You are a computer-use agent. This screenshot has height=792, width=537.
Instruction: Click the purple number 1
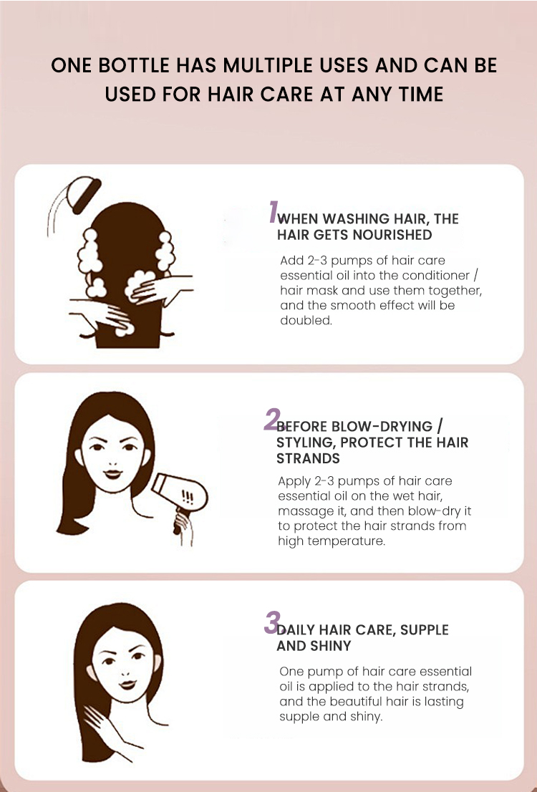point(274,212)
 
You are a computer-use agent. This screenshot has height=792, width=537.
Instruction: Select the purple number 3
point(272,623)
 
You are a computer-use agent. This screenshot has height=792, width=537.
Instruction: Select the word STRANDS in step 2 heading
point(308,458)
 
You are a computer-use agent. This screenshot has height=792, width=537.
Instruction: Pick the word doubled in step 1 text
point(306,321)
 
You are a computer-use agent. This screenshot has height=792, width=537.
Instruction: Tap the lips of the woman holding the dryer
point(113,474)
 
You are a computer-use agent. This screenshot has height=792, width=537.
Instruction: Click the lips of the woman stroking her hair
point(127,685)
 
